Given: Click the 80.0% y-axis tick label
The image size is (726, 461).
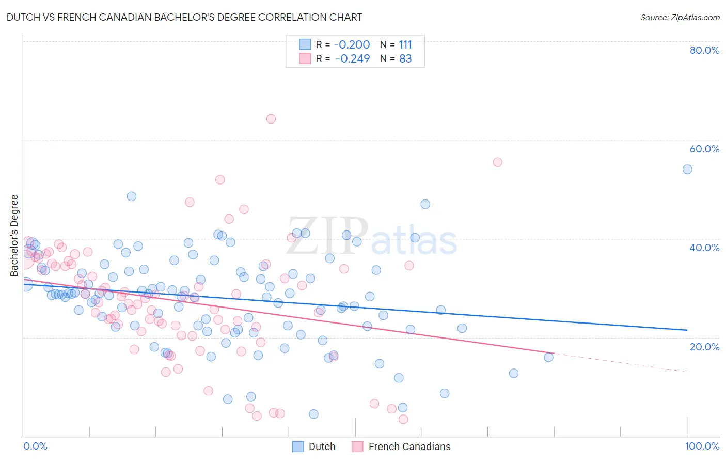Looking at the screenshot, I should pyautogui.click(x=704, y=50).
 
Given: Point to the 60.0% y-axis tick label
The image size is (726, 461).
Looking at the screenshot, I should pyautogui.click(x=704, y=149).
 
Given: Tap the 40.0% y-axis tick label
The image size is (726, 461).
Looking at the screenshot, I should pyautogui.click(x=704, y=248).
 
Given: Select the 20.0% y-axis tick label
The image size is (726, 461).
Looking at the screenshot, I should pyautogui.click(x=704, y=346).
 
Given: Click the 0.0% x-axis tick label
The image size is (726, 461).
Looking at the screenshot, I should pyautogui.click(x=35, y=446).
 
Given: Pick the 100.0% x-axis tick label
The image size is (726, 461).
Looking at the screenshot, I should pyautogui.click(x=702, y=446).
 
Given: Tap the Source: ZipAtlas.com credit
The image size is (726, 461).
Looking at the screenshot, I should pyautogui.click(x=680, y=17).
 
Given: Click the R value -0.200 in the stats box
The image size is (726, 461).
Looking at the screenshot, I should pyautogui.click(x=352, y=44).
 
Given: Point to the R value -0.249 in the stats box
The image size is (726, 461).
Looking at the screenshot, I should pyautogui.click(x=352, y=58).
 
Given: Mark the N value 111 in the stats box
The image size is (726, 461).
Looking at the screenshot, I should pyautogui.click(x=405, y=44).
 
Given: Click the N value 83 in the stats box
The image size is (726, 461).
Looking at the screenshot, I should pyautogui.click(x=405, y=58).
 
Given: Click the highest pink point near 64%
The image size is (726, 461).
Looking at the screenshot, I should pyautogui.click(x=271, y=119).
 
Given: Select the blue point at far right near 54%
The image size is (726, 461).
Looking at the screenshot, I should pyautogui.click(x=687, y=169).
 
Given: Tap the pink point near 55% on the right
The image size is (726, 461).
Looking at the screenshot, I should pyautogui.click(x=497, y=162).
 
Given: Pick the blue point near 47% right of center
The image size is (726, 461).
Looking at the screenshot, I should pyautogui.click(x=425, y=204).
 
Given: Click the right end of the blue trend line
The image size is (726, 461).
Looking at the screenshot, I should pyautogui.click(x=687, y=330).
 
